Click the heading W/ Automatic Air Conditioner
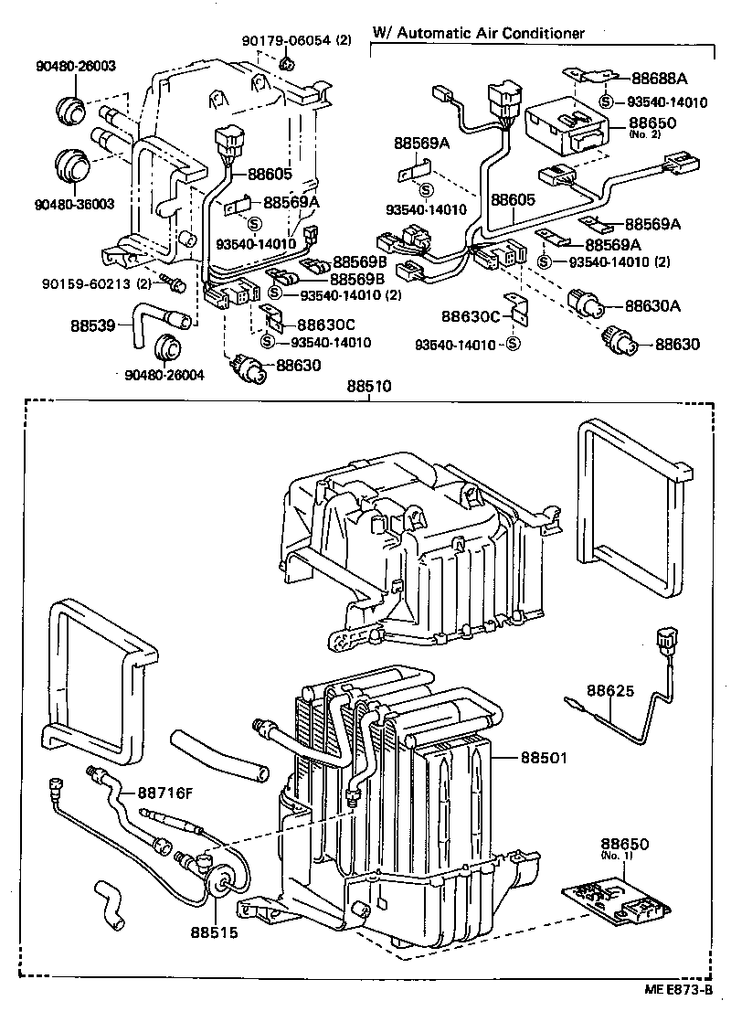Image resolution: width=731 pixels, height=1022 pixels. click(x=476, y=34)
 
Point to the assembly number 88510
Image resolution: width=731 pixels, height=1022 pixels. click(x=369, y=387)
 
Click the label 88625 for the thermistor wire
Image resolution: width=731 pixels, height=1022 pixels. click(x=609, y=692)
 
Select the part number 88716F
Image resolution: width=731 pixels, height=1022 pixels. click(x=165, y=792)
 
